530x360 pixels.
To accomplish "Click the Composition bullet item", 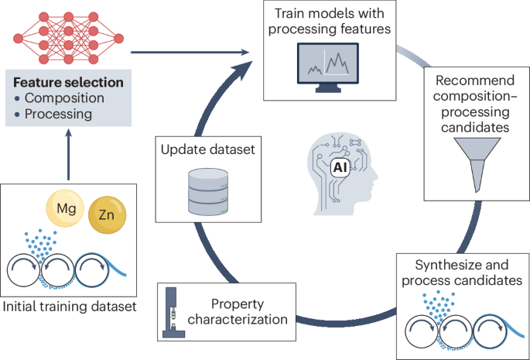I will [63, 98].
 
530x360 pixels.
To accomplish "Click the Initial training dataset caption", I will [70, 307].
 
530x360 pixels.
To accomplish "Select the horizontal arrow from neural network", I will [193, 52].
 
